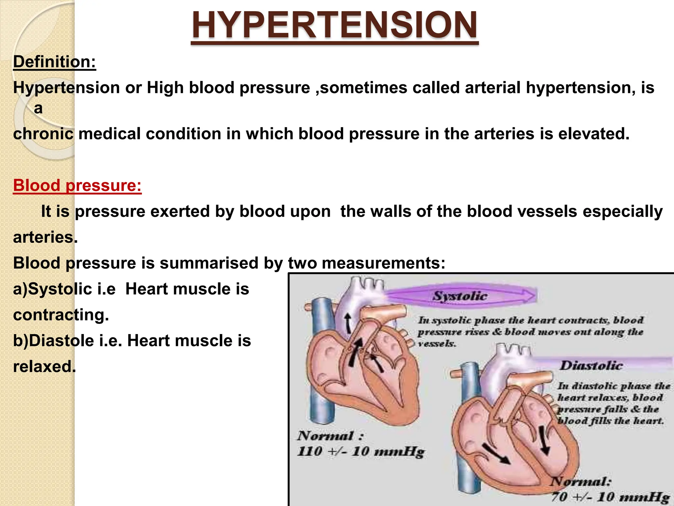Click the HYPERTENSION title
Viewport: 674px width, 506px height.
coord(334,26)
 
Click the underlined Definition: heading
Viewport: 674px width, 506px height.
coord(54,62)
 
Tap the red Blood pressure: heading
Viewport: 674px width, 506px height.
coord(77,185)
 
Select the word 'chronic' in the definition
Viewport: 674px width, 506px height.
coord(43,134)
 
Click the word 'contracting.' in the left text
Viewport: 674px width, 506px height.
coord(61,315)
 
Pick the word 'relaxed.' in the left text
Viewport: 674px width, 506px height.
coord(44,367)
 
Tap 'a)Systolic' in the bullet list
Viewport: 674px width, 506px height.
coord(52,289)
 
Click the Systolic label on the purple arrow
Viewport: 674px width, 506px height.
coord(459,296)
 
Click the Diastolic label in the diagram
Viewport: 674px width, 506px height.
coord(591,366)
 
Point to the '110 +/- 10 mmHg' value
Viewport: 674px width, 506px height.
coord(361,452)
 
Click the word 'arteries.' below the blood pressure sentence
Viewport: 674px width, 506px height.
coord(45,238)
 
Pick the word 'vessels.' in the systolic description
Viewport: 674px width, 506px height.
coord(437,344)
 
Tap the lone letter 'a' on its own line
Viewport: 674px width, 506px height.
coord(38,108)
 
